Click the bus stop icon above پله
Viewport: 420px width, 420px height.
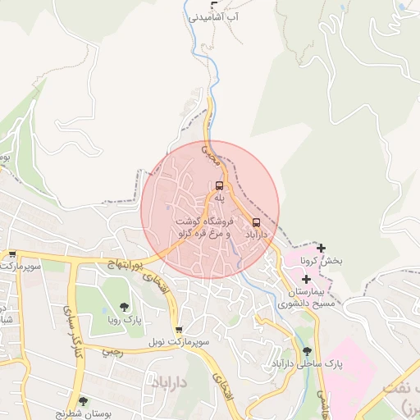click(219, 185)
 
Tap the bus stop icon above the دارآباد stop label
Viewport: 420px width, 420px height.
click(257, 222)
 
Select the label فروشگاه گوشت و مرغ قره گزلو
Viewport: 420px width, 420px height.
click(203, 228)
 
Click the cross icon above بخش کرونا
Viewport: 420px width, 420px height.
click(321, 248)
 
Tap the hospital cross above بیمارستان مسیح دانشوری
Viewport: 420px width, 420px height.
click(306, 280)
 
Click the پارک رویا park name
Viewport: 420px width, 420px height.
click(126, 320)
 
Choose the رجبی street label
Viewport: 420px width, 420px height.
click(112, 352)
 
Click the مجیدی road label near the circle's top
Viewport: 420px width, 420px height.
click(210, 151)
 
